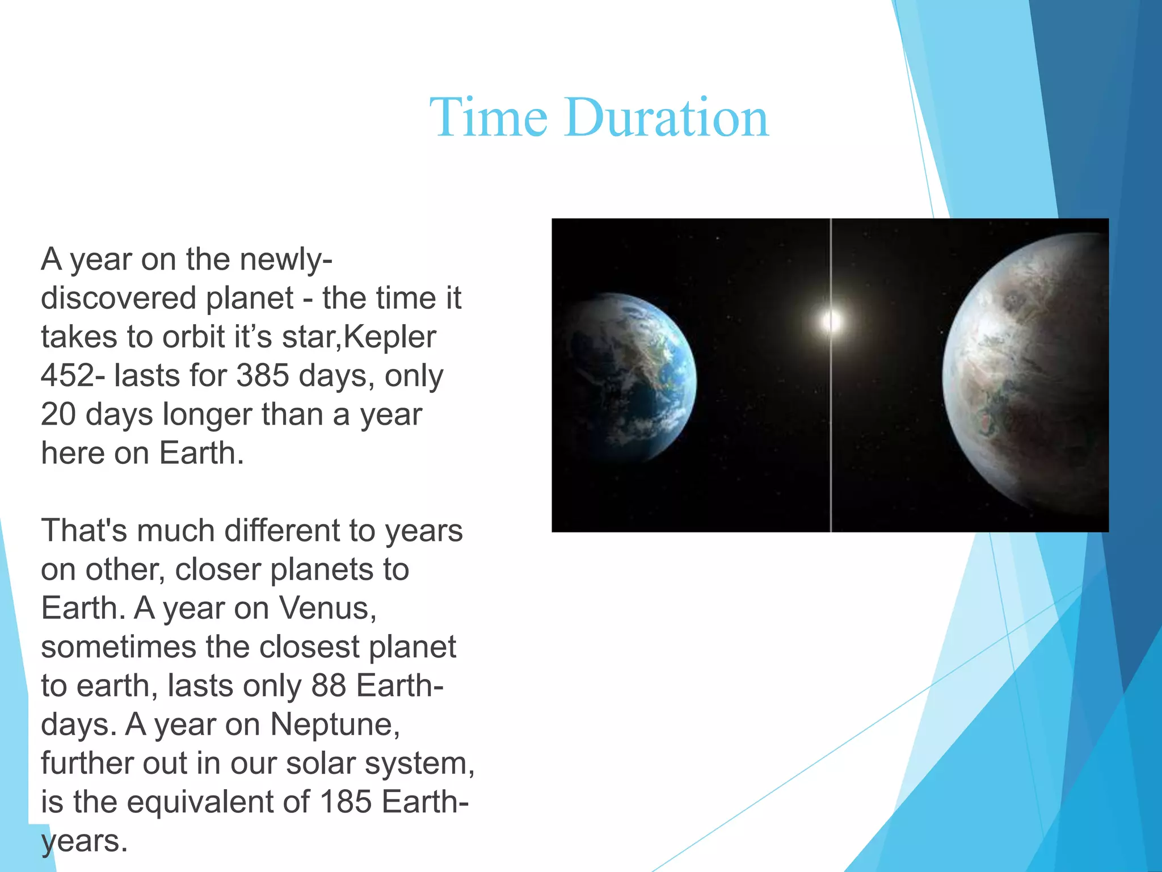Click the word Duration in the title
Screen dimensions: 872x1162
667,118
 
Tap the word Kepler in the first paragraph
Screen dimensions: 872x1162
390,337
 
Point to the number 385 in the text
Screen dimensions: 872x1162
262,376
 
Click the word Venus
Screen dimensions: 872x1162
327,608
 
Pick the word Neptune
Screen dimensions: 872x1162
335,724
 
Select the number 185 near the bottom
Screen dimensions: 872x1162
346,802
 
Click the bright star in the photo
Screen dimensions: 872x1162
831,321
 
